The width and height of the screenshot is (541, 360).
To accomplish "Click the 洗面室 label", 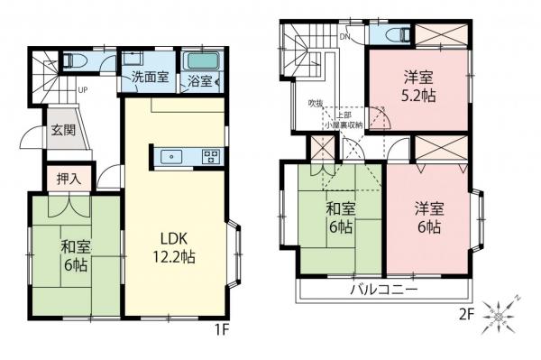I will [x=150, y=78].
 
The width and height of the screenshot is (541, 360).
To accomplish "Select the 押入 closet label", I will [x=69, y=178].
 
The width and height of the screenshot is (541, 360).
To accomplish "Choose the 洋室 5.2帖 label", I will [x=416, y=87].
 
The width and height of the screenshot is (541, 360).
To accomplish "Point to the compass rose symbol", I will [x=498, y=317].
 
